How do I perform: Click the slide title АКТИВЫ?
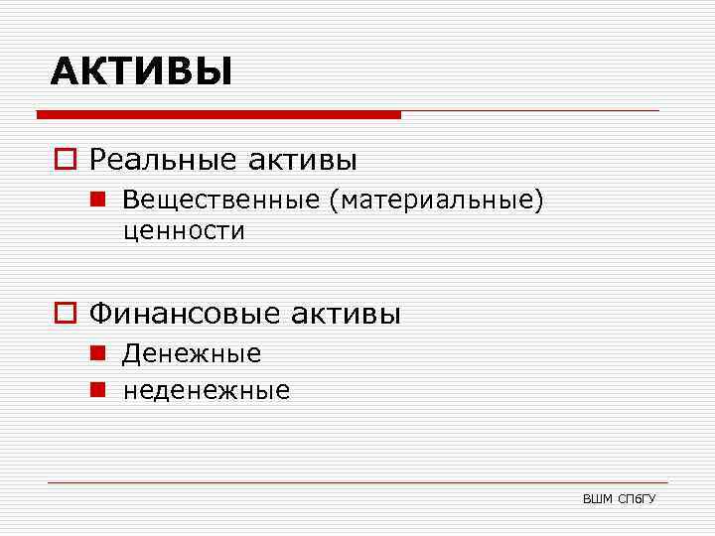click(x=141, y=71)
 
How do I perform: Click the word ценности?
click(x=184, y=231)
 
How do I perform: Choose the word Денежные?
click(x=192, y=353)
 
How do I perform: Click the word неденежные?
click(x=207, y=391)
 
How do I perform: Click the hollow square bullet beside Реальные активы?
click(x=68, y=159)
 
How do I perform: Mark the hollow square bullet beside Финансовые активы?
click(x=68, y=315)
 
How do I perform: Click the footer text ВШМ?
click(x=598, y=497)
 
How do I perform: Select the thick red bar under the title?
click(x=218, y=115)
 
